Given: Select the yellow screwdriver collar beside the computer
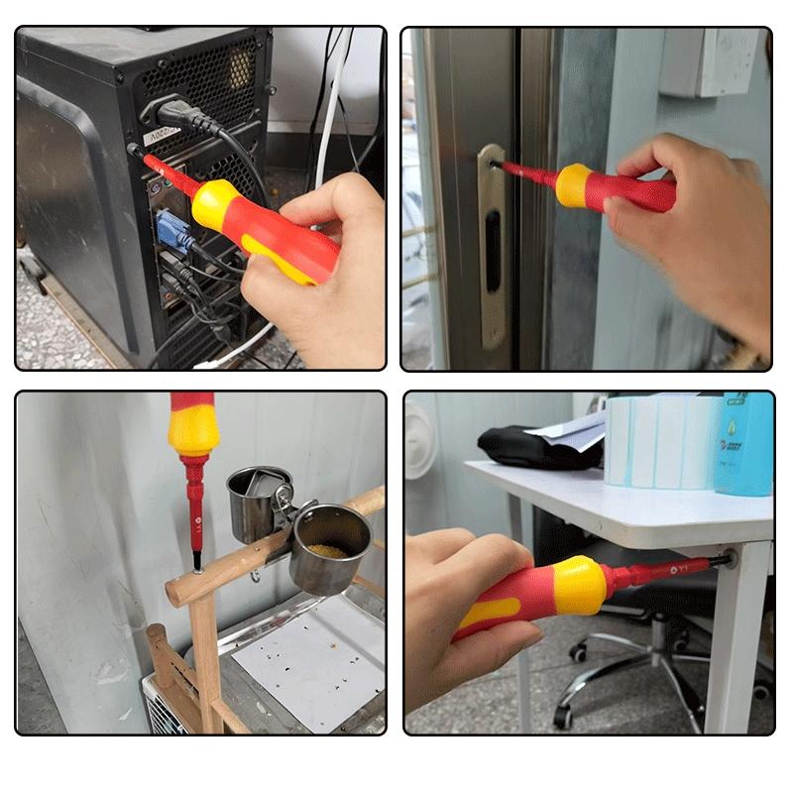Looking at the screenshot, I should (x=214, y=204).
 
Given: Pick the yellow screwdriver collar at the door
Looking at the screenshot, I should (x=573, y=185).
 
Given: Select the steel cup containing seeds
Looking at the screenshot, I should (x=329, y=548).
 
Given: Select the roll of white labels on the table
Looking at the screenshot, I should (x=659, y=441).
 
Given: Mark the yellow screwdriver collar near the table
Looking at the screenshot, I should (x=579, y=585).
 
